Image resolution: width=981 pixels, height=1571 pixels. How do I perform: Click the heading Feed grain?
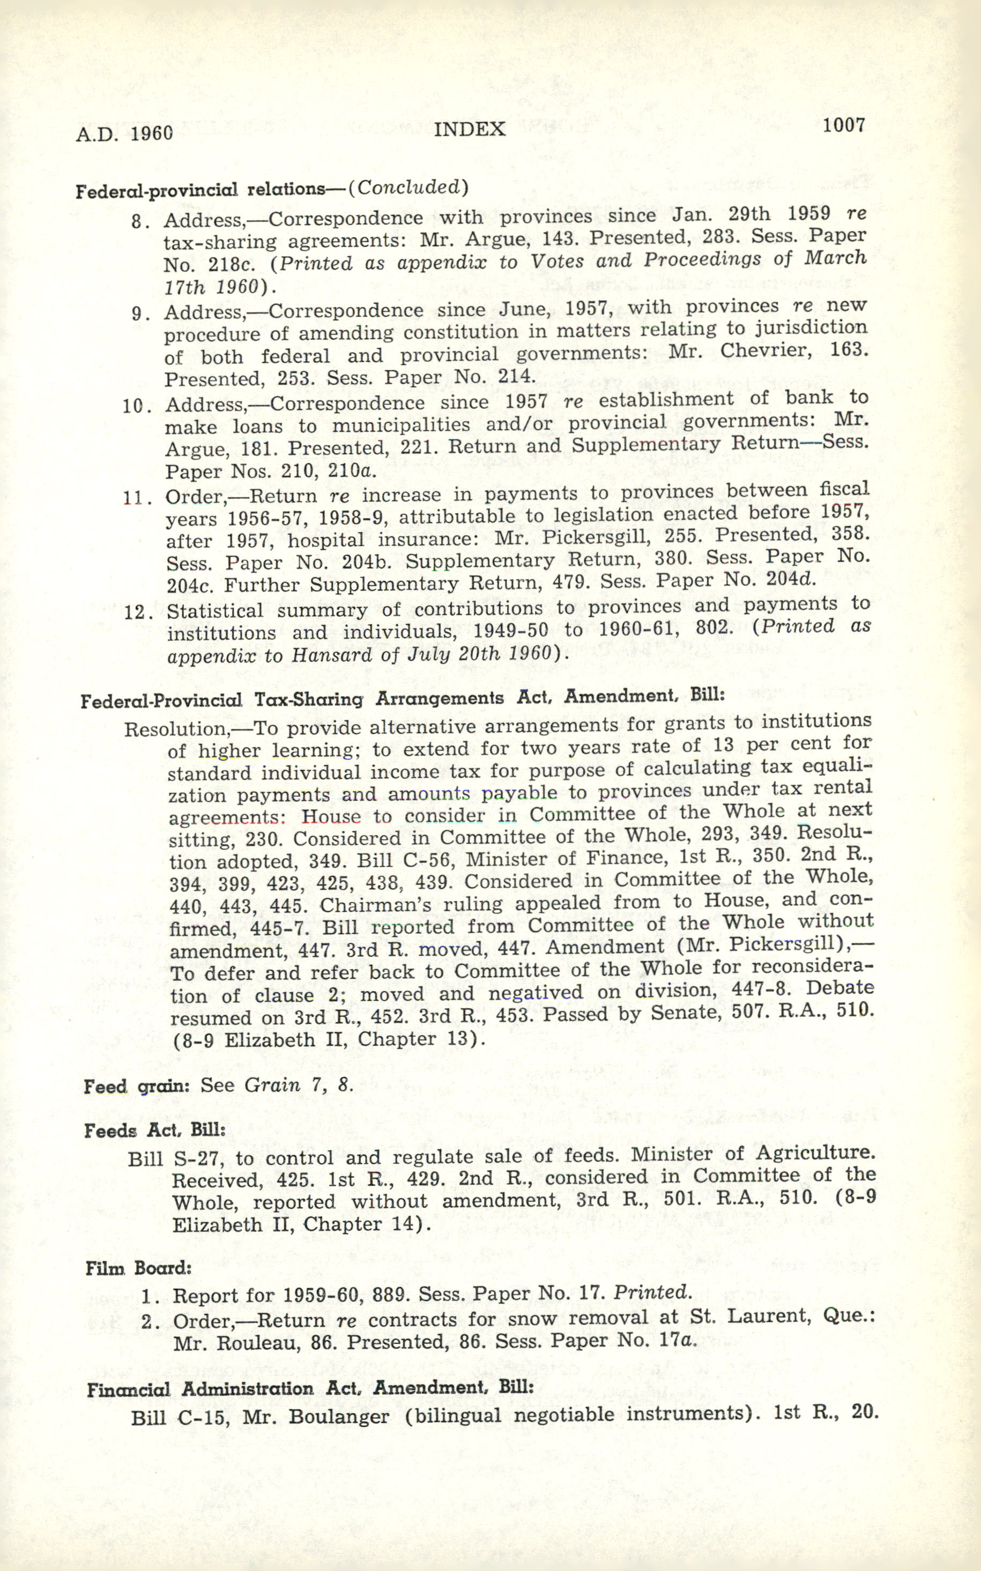pos(136,1086)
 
